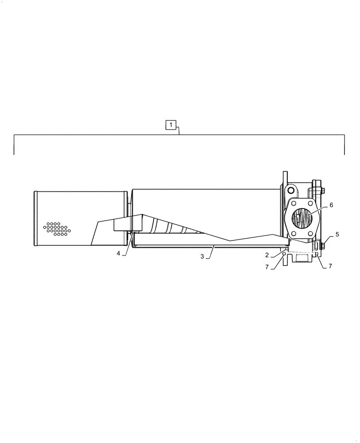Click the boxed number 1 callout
pyautogui.click(x=172, y=125)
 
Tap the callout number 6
pyautogui.click(x=331, y=205)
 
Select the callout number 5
pyautogui.click(x=337, y=234)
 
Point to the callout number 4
pyautogui.click(x=118, y=253)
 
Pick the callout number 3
pyautogui.click(x=202, y=256)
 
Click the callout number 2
pyautogui.click(x=267, y=255)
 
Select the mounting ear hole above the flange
pyautogui.click(x=290, y=190)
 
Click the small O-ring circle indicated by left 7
pyautogui.click(x=284, y=254)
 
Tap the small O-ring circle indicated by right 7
pyautogui.click(x=316, y=254)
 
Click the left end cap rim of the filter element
pyautogui.click(x=36, y=218)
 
